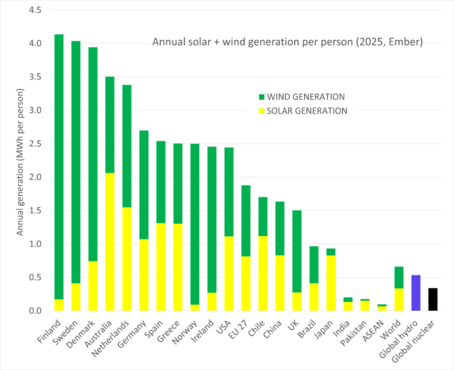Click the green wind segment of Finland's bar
[x=59, y=166]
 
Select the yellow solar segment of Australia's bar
[x=109, y=242]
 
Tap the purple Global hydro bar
[x=415, y=293]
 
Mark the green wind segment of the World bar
[x=399, y=277]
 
